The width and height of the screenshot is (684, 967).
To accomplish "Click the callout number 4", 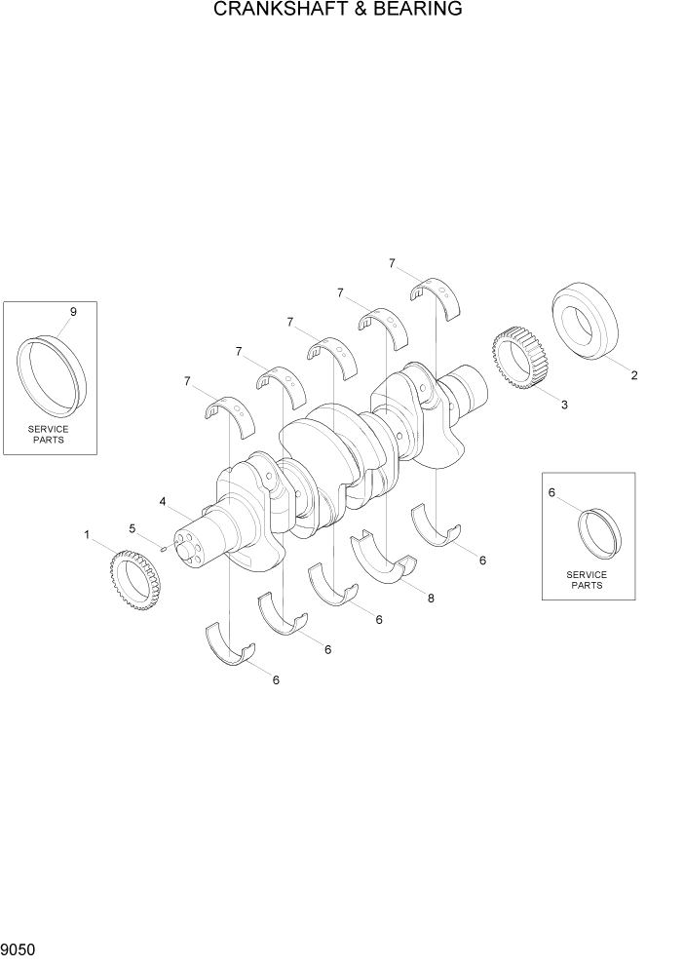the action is tap(162, 501).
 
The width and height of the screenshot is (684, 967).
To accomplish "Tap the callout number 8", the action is tap(431, 598).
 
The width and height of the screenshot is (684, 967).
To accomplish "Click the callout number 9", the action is tap(73, 312).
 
